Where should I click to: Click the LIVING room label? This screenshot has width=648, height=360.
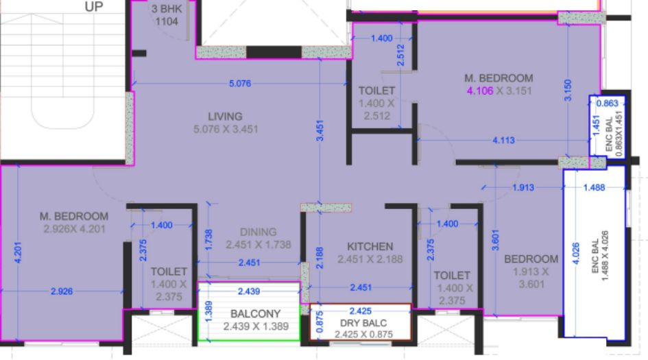(226, 116)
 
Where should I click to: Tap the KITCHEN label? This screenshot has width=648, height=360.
(370, 246)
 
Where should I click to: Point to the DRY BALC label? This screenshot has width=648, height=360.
(361, 322)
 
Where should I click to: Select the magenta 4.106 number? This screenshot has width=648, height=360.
(479, 91)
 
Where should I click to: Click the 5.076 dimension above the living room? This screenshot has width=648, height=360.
(240, 84)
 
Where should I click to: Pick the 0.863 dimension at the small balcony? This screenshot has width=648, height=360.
(608, 104)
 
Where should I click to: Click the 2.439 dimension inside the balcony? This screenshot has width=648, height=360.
(248, 291)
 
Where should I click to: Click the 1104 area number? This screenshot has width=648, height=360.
(167, 22)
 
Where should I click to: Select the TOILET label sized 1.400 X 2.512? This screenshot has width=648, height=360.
(376, 91)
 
